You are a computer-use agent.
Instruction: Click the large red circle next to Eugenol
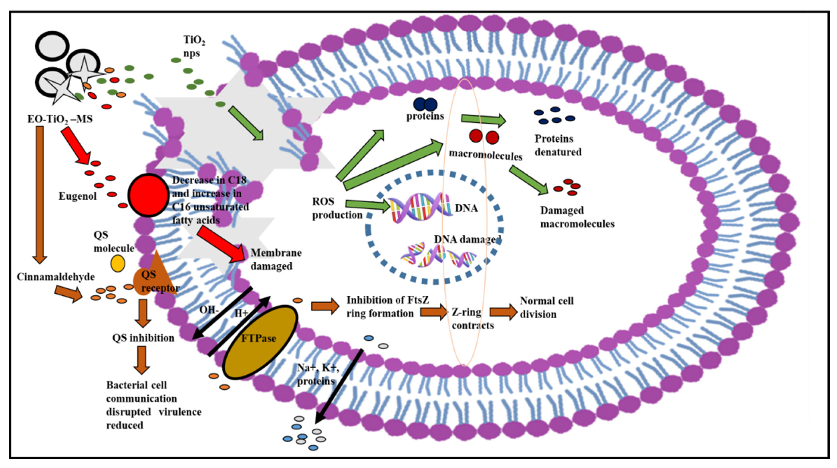pyautogui.click(x=148, y=195)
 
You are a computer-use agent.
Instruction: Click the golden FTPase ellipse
pyautogui.click(x=260, y=342)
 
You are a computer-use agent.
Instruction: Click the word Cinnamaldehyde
pyautogui.click(x=56, y=277)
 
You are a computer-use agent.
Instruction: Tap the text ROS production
pyautogui.click(x=337, y=208)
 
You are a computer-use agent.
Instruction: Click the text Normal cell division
pyautogui.click(x=546, y=307)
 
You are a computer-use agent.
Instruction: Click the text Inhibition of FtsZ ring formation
pyautogui.click(x=387, y=307)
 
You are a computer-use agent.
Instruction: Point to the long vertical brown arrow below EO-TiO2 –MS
pyautogui.click(x=40, y=195)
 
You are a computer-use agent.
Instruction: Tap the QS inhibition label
pyautogui.click(x=143, y=338)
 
